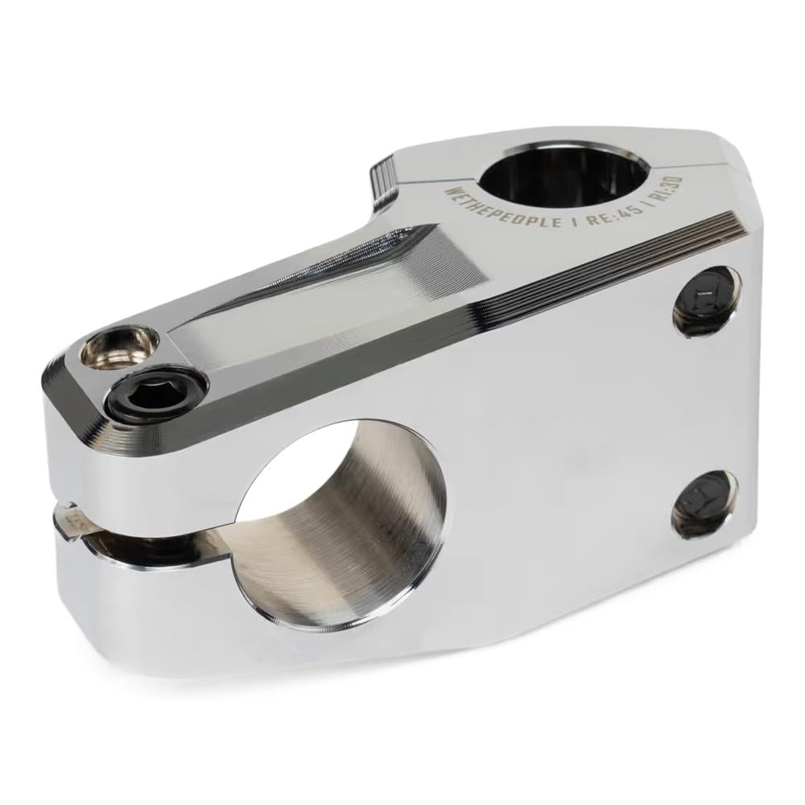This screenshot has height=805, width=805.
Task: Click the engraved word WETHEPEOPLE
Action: tap(502, 206)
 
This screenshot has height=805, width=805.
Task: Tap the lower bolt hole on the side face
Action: tap(704, 504)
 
